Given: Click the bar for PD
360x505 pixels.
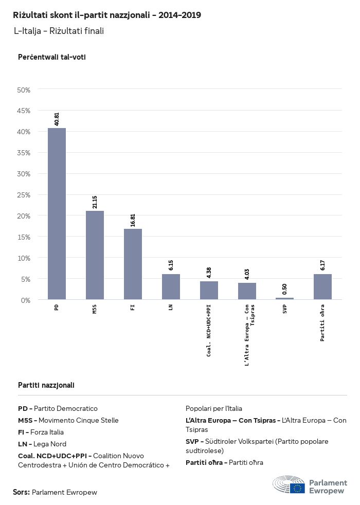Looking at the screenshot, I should click(x=57, y=213).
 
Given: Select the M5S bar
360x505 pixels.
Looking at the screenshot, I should click(x=95, y=255).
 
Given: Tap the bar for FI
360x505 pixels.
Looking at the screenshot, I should click(x=133, y=264).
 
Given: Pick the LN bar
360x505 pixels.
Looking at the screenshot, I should click(x=171, y=286).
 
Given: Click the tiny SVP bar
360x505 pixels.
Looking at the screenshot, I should click(x=285, y=298).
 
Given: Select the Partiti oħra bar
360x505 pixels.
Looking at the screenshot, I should click(x=322, y=286).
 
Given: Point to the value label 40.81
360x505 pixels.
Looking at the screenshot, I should click(x=57, y=119).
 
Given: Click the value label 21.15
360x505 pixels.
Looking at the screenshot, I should click(x=95, y=202).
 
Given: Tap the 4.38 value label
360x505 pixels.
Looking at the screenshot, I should click(x=209, y=272).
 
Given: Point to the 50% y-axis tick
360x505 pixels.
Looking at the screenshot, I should click(x=24, y=90).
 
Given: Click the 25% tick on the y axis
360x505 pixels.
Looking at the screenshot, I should click(x=24, y=195).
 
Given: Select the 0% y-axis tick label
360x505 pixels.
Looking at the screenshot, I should click(x=26, y=300).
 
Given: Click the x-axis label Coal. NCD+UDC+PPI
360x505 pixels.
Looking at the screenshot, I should click(x=209, y=330).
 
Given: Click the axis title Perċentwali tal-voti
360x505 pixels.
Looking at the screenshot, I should click(x=51, y=57).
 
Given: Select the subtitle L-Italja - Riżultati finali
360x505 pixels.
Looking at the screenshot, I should click(x=59, y=31).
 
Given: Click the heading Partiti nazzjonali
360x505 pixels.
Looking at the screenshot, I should click(x=46, y=385).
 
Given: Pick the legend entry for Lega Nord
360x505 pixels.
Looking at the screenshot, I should click(x=42, y=444).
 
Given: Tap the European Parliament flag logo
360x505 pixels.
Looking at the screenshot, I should click(x=297, y=488).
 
